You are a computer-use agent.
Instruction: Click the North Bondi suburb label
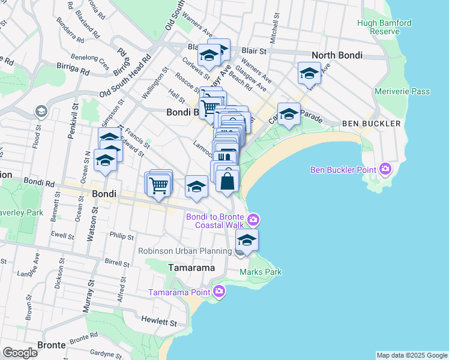337,55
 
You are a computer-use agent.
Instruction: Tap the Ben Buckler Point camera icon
385,170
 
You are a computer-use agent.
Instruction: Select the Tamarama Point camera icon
219,292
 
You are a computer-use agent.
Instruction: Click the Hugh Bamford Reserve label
384,27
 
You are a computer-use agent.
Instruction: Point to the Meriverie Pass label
402,91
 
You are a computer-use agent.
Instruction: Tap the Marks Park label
261,272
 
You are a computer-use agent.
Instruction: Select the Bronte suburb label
52,346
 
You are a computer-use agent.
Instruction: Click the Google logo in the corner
20,353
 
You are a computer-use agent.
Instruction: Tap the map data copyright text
412,355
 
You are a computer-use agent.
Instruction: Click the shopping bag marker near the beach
228,180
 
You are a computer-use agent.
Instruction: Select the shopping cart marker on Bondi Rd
158,185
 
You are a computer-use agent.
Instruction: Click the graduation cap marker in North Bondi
309,74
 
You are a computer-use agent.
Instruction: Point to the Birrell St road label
116,263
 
